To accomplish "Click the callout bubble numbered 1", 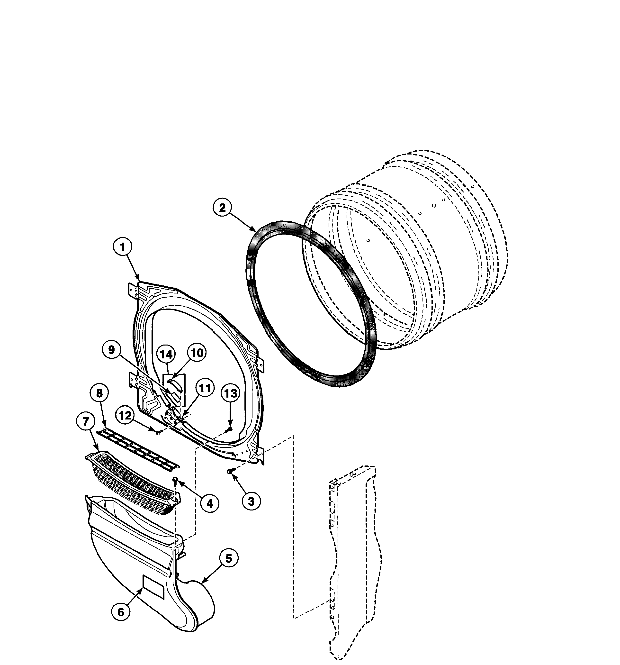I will [x=122, y=247].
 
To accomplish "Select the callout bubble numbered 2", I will [x=222, y=208].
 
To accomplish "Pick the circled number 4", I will [x=210, y=503].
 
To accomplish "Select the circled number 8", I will [x=99, y=393].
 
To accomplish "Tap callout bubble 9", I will [x=111, y=350].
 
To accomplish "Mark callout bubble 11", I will [x=204, y=388].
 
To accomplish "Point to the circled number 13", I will [x=230, y=393].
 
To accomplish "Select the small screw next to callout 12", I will [x=158, y=433].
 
